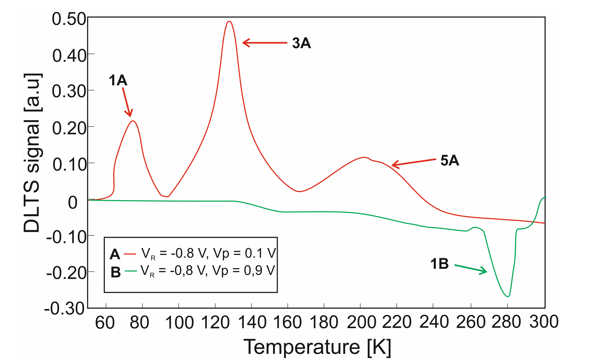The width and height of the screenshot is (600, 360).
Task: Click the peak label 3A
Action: click(301, 43)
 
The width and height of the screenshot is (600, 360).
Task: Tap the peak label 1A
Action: click(118, 80)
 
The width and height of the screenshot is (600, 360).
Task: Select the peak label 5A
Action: click(449, 161)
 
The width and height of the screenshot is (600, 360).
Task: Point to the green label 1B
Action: click(439, 264)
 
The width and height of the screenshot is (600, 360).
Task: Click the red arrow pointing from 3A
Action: click(264, 43)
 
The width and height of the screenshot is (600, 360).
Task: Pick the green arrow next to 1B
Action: click(471, 269)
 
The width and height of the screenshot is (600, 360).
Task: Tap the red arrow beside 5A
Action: click(414, 162)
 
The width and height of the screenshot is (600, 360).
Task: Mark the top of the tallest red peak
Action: click(229, 22)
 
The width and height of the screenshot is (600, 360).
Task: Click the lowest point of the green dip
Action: click(507, 296)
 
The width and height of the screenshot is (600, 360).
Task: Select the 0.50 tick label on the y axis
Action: click(69, 19)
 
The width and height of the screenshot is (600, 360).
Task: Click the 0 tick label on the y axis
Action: click(73, 203)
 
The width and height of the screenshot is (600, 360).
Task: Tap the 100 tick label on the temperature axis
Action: click(179, 322)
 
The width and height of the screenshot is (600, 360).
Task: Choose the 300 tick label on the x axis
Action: click(543, 322)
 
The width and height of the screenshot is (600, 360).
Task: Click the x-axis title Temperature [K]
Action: click(317, 347)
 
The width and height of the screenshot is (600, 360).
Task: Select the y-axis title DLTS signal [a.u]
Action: click(32, 153)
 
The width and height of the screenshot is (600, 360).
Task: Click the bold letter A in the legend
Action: click(115, 255)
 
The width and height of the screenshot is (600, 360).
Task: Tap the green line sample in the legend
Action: click(130, 271)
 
